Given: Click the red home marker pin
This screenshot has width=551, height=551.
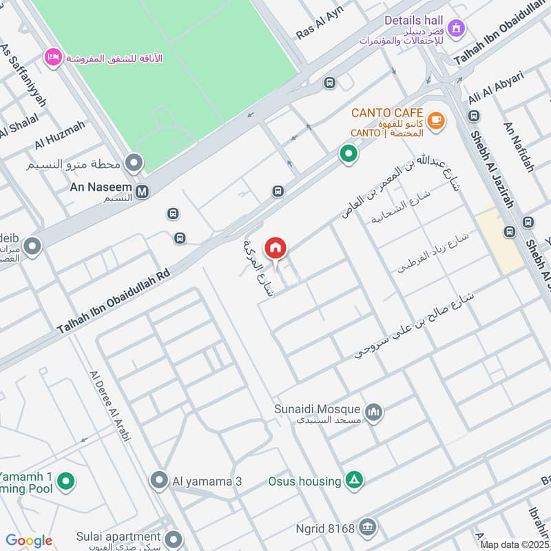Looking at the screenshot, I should click(276, 247).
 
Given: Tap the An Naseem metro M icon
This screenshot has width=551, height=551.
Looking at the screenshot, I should click(142, 192).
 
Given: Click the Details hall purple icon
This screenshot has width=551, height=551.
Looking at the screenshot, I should click(455, 29).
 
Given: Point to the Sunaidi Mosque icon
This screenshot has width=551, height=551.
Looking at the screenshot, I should click(373, 412).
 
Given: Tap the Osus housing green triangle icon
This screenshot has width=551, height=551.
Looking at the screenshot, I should click(354, 480).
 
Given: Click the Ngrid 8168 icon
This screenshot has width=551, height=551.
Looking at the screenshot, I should click(368, 528).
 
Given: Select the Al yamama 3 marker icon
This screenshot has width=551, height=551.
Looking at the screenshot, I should click(159, 480).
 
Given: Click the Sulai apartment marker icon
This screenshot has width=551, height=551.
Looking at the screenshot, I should click(174, 539).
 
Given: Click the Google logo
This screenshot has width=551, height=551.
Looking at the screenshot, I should click(29, 541).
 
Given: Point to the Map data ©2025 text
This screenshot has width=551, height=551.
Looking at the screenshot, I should click(514, 545).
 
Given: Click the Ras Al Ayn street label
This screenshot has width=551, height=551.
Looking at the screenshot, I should click(319, 23).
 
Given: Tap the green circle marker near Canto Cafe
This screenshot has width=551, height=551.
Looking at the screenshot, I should click(349, 154).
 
